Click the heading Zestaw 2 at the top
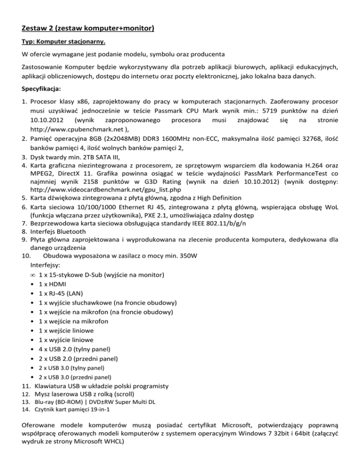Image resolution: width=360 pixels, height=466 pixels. click(89, 30)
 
